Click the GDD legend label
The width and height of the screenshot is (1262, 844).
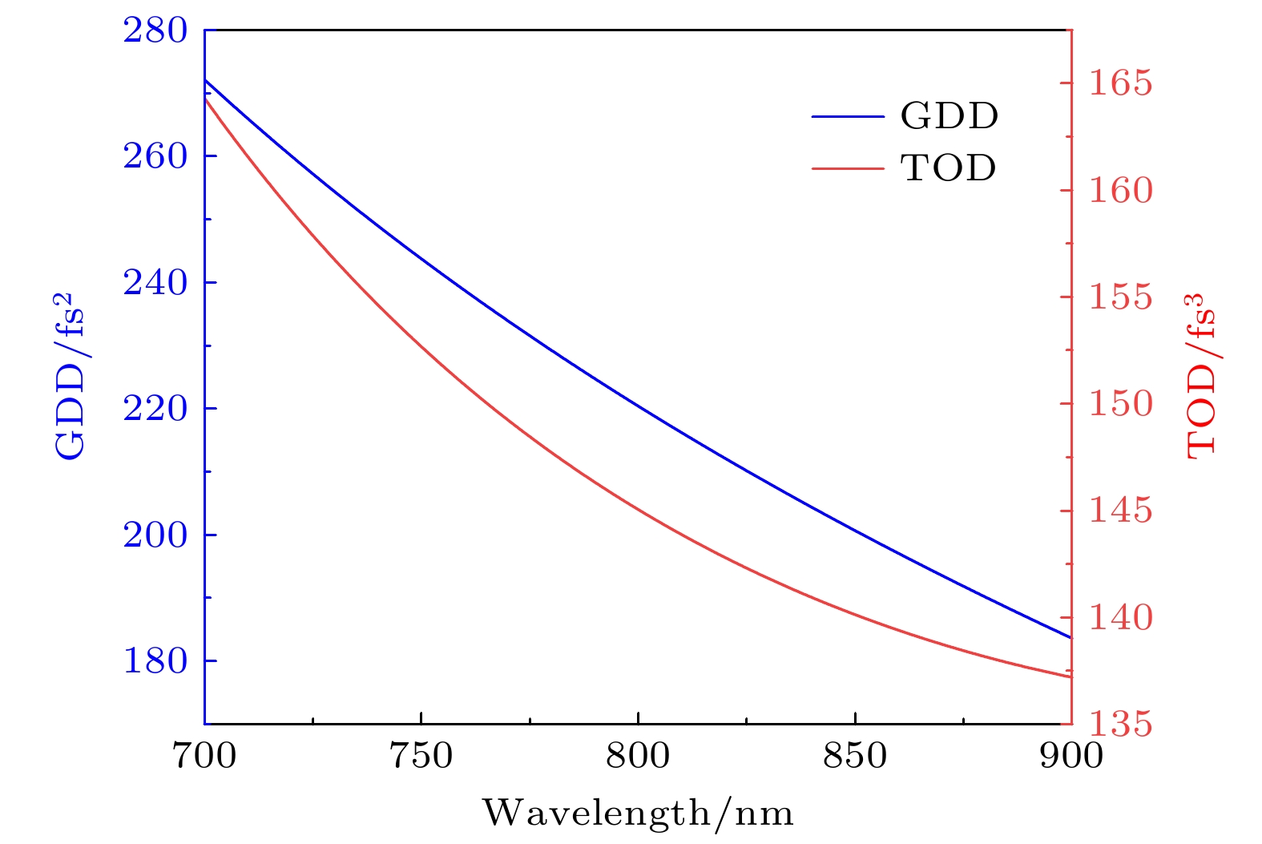click(950, 116)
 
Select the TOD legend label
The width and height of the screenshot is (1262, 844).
click(949, 168)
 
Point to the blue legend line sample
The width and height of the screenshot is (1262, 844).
click(847, 116)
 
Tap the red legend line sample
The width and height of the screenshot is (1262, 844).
click(847, 168)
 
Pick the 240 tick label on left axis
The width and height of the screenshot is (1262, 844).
click(155, 283)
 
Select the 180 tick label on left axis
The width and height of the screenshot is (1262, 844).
click(155, 661)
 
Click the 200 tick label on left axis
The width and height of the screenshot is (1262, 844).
click(155, 535)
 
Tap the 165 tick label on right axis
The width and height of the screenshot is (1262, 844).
click(1120, 83)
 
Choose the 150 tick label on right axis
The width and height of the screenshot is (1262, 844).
click(1120, 404)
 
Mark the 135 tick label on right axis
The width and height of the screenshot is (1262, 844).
click(1120, 725)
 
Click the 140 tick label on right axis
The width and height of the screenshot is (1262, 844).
click(1120, 618)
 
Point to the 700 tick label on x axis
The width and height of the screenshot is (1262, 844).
click(205, 756)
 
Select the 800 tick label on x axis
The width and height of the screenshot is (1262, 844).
click(638, 756)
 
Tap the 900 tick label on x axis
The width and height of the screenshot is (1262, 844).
click(1071, 756)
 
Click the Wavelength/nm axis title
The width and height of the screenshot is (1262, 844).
click(638, 814)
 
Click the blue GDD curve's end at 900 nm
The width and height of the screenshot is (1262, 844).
click(1070, 637)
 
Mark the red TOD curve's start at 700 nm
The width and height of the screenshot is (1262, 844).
click(206, 98)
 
